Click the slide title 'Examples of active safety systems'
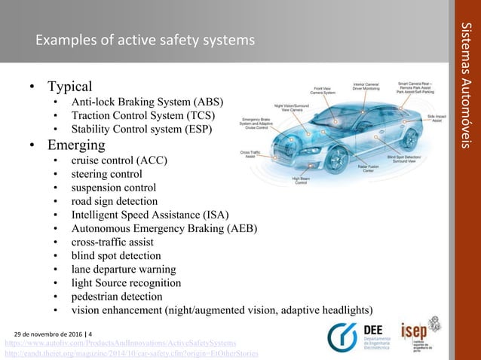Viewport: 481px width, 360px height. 143,38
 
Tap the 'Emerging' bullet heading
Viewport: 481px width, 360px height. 75,144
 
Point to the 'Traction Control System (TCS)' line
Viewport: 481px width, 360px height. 142,116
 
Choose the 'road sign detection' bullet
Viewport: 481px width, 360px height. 115,201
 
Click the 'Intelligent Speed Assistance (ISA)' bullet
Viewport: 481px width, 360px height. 150,215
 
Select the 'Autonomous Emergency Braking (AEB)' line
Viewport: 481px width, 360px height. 164,228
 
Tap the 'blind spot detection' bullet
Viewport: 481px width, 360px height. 116,255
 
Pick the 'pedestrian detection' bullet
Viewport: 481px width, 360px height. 116,297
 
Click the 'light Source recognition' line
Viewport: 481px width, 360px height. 126,283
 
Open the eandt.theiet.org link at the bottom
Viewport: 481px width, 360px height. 132,353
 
